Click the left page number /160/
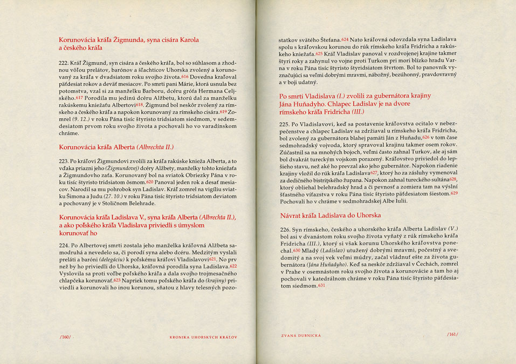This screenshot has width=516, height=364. click(x=65, y=336)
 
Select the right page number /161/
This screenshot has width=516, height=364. click(x=452, y=335)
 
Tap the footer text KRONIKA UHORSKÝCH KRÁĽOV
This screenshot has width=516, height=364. click(x=204, y=337)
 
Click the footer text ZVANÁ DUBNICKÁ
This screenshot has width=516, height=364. click(x=301, y=335)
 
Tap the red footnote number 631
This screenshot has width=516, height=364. click(x=322, y=285)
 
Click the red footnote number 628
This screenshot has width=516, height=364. click(x=452, y=179)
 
